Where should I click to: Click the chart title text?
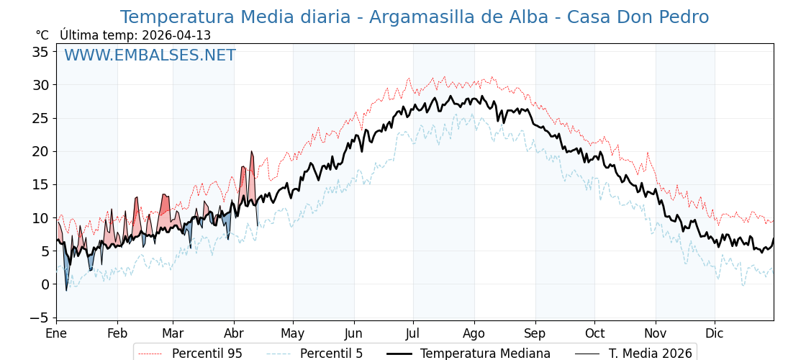[414, 17]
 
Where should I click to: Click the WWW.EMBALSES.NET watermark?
[150, 55]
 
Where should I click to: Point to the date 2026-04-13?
[176, 35]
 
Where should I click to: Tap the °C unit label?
[42, 35]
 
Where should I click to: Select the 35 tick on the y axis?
[40, 52]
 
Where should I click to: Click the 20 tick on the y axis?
[40, 151]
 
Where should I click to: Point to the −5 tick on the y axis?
[37, 318]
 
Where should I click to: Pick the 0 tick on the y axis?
[45, 284]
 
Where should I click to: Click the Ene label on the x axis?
[56, 333]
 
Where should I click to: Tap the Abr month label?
[234, 333]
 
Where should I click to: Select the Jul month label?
[413, 333]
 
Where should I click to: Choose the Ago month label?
[474, 333]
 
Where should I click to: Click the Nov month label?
[656, 333]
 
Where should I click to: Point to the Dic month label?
[715, 333]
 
